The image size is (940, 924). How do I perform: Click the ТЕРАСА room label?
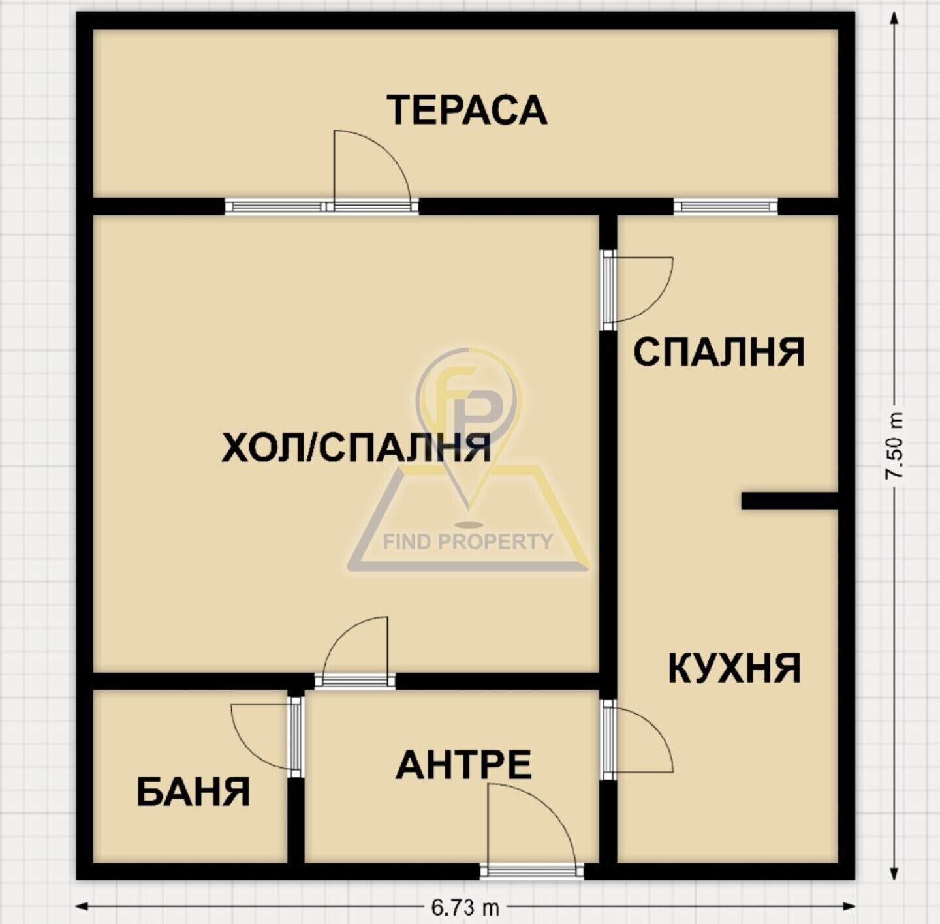[x=467, y=111]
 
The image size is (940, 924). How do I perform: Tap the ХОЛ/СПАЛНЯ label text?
[x=356, y=448]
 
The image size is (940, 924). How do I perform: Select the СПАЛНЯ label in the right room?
[x=719, y=352]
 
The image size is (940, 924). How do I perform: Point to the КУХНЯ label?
[x=734, y=669]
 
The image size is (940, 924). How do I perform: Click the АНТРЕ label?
[x=463, y=765]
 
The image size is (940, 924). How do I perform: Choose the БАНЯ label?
[x=193, y=793]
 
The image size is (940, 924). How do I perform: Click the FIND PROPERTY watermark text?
[x=468, y=542]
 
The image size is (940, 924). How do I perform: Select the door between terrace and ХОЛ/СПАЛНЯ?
[x=371, y=171]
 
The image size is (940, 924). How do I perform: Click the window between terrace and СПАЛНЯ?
[x=726, y=206]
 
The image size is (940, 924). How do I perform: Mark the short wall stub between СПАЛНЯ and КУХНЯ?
[x=790, y=501]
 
